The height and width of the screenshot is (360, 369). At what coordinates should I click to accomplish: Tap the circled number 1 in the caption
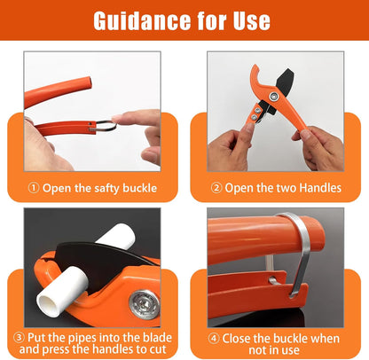[x=35, y=187]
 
